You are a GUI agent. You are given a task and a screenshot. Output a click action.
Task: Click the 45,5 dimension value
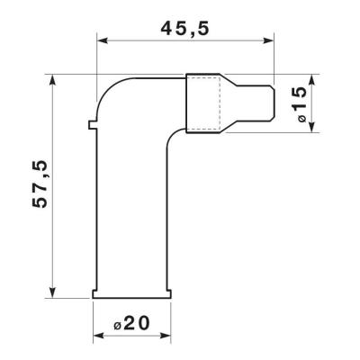(x=184, y=29)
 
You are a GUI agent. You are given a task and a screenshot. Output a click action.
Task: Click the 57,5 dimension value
(x=40, y=184)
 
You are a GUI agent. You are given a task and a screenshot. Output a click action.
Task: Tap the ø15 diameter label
(x=299, y=103)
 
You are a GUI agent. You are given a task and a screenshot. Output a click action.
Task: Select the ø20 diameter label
(x=131, y=324)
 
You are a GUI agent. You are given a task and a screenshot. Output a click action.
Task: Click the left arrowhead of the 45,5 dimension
(x=103, y=40)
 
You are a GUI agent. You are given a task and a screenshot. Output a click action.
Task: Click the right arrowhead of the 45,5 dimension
(x=268, y=40)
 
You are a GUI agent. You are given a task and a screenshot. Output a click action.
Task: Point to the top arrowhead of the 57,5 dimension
(x=53, y=80)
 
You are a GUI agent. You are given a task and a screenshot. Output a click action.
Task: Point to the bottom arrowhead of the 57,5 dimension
(x=53, y=292)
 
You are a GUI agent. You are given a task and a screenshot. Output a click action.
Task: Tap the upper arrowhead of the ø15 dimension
(x=312, y=80)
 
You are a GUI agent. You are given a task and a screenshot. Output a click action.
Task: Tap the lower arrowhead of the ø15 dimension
(x=312, y=126)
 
